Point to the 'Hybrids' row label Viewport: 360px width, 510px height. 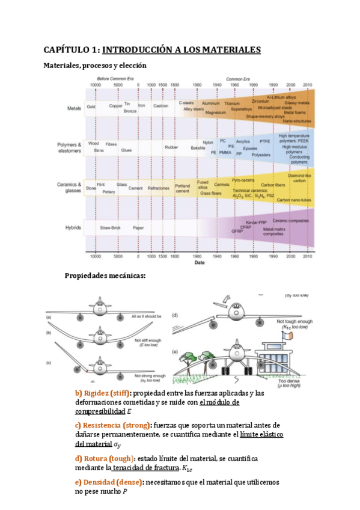(75, 228)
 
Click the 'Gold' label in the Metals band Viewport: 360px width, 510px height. (91, 106)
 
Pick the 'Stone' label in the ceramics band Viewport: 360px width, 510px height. (91, 188)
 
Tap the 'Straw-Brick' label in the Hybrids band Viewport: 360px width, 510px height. (110, 228)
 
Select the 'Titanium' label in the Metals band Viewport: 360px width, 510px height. (232, 103)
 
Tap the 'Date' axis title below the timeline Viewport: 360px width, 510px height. (200, 262)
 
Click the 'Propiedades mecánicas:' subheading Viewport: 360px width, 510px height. (113, 276)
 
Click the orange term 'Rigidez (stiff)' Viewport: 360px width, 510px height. (99, 393)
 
